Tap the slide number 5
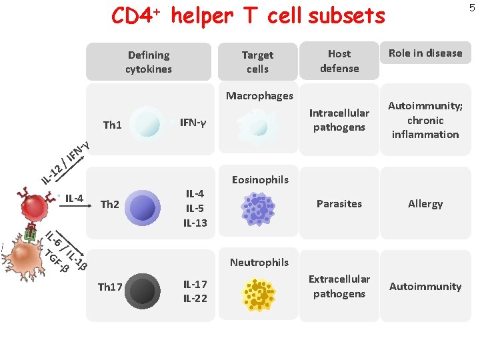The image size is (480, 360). click(x=472, y=8)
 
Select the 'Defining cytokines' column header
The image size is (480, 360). click(x=149, y=62)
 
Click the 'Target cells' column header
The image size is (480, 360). click(x=257, y=62)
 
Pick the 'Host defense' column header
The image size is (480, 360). click(x=339, y=61)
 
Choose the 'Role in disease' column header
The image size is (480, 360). click(x=425, y=53)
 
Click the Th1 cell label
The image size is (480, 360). click(x=113, y=125)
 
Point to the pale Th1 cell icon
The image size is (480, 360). click(x=146, y=123)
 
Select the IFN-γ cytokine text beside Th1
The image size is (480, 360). click(x=193, y=122)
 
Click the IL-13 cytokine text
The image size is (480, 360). click(x=195, y=222)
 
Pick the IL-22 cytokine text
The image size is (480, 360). click(x=195, y=298)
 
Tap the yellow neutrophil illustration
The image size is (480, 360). click(x=259, y=293)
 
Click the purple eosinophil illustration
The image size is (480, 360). click(x=257, y=209)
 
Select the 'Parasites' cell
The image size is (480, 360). click(x=339, y=203)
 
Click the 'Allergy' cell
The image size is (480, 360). click(x=425, y=203)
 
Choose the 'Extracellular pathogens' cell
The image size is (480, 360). click(x=339, y=286)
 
